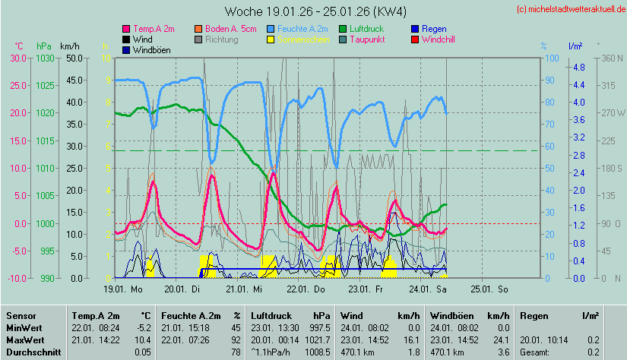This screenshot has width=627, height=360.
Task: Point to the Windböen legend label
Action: click(x=151, y=49)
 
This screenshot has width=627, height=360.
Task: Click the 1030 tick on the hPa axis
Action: click(x=46, y=58)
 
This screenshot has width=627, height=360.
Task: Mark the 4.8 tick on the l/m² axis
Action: click(x=578, y=68)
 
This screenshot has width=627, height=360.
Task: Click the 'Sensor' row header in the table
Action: click(x=21, y=315)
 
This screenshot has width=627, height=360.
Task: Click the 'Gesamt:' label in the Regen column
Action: click(x=534, y=352)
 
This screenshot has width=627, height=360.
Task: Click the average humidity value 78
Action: click(x=236, y=352)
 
